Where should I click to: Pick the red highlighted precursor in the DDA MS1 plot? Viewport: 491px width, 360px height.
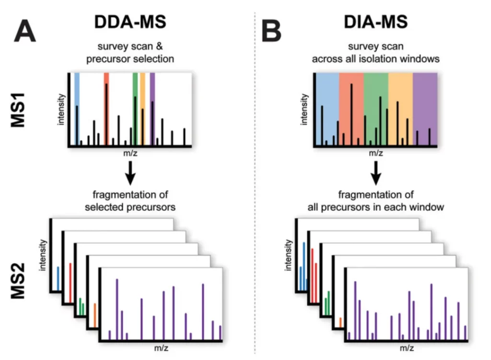click(x=106, y=108)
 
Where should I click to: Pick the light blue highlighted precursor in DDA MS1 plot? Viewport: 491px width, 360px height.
click(x=77, y=108)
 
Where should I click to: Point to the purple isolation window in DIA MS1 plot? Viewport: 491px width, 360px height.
click(x=425, y=108)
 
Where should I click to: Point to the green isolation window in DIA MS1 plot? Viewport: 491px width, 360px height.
click(x=375, y=108)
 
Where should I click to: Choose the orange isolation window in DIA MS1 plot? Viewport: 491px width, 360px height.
click(x=400, y=108)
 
